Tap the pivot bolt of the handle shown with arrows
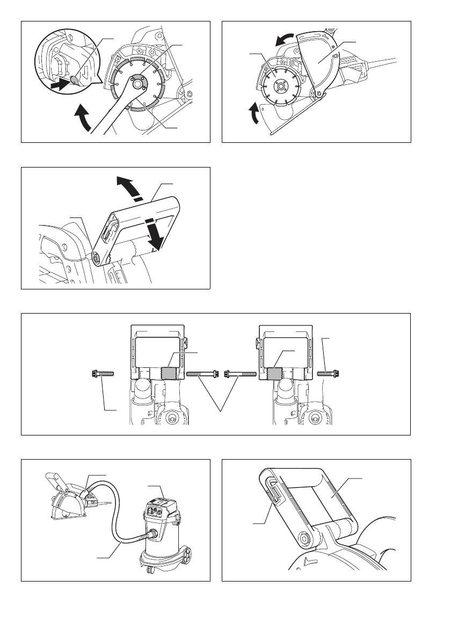tap(97, 258)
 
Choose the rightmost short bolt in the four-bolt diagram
tap(329, 373)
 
